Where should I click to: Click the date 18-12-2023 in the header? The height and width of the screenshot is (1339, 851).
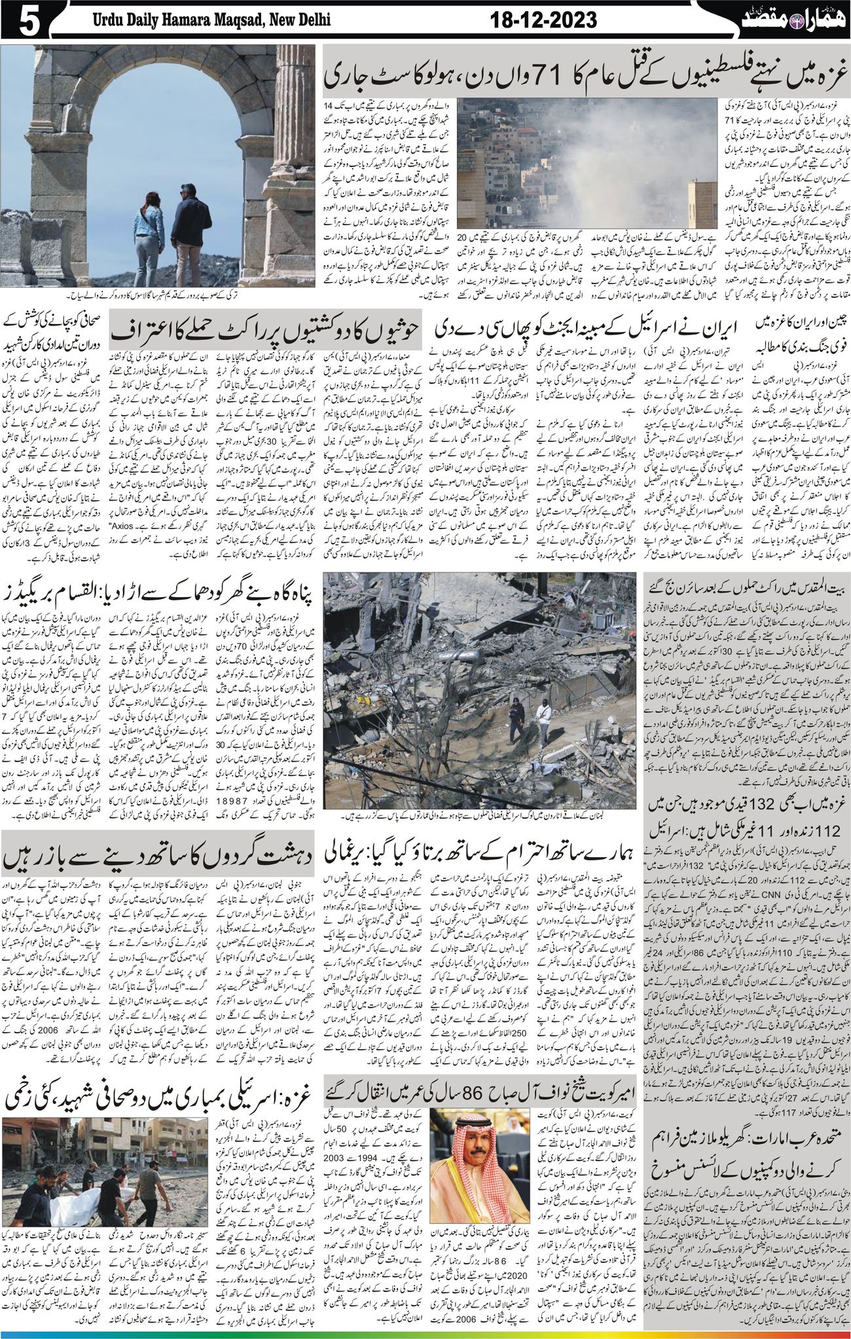[x=543, y=21]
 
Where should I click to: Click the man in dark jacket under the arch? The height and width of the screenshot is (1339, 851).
[x=190, y=226]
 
